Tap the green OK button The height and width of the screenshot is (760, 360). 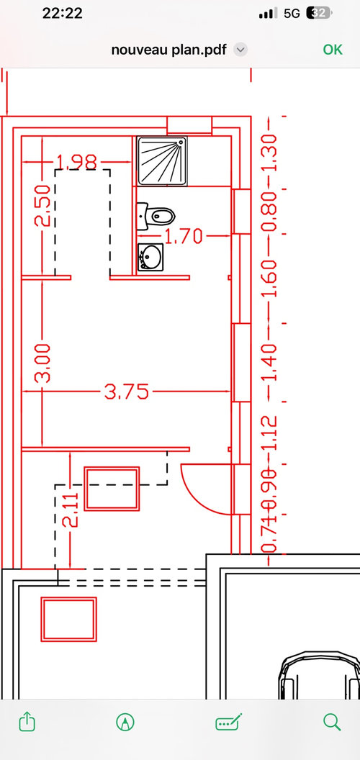tap(333, 50)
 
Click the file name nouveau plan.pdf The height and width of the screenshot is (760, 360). tap(169, 50)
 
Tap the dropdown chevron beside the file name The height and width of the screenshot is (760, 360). tap(240, 50)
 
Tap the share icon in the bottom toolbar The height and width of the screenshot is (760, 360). tap(27, 722)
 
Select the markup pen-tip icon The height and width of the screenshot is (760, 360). tap(125, 722)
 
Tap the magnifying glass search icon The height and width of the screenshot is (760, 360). tap(332, 722)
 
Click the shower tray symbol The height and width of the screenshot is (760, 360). tap(162, 161)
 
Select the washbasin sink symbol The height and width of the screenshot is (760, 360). tap(150, 256)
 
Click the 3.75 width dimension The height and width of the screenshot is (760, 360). tap(127, 392)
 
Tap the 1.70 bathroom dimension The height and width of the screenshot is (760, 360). tap(183, 237)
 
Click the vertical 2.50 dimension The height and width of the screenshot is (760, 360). tap(42, 206)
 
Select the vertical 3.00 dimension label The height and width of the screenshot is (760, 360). tap(42, 363)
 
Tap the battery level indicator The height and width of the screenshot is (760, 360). tap(319, 14)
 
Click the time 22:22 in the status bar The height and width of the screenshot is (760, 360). tap(63, 14)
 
